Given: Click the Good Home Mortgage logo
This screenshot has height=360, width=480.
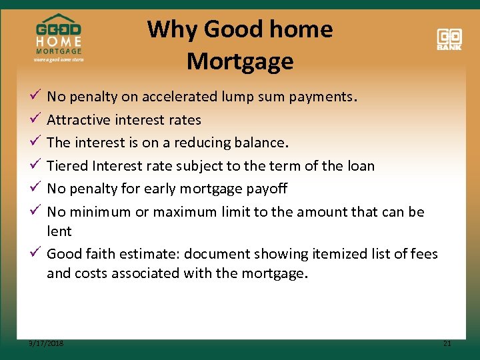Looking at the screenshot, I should [59, 39].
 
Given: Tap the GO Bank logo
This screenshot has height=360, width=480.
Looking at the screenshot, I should [449, 39].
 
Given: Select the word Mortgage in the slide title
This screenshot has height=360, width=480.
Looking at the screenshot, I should [240, 61].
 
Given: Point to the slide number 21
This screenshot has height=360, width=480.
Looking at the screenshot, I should [447, 343].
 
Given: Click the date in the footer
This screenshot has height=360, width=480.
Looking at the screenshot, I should [47, 343].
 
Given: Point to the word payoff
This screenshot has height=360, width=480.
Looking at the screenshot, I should [266, 189].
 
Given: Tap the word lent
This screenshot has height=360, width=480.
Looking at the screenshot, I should [59, 231].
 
